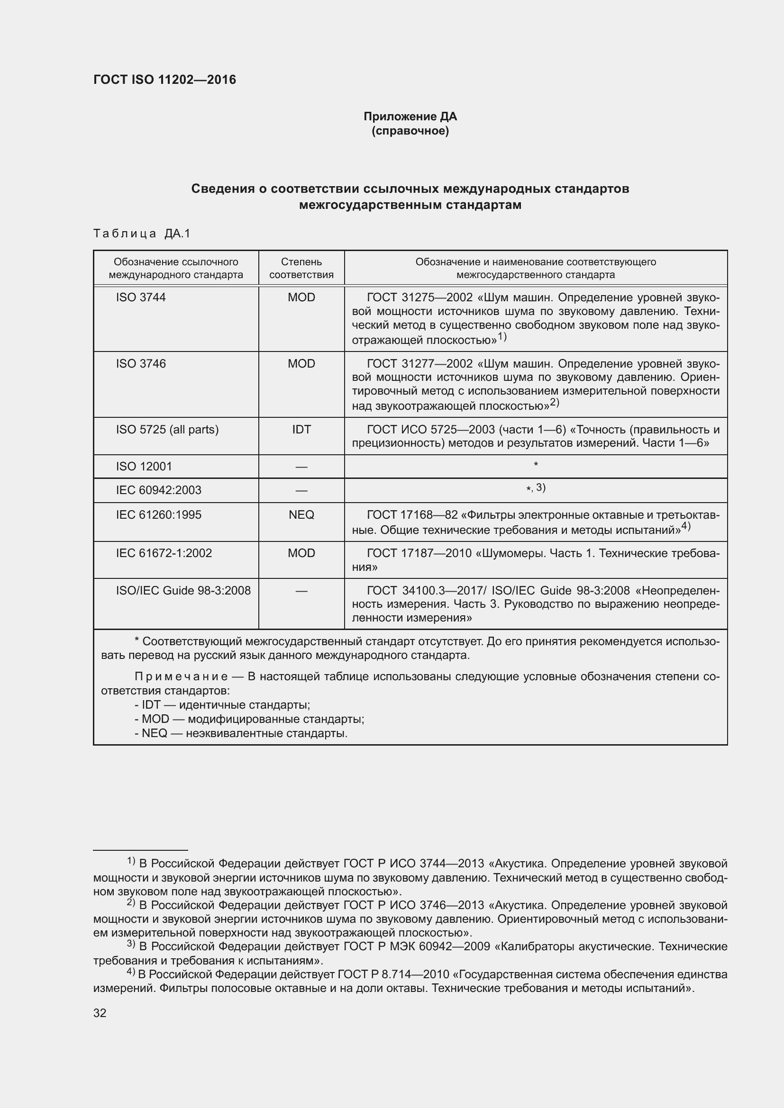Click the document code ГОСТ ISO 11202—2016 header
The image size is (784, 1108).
point(164,80)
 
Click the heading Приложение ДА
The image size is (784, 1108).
point(410,117)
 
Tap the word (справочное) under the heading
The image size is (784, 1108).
point(410,131)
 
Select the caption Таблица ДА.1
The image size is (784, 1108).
point(141,234)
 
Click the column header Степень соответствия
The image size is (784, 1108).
point(301,268)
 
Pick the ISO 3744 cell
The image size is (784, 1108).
point(140,297)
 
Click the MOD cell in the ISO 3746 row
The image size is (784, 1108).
point(301,363)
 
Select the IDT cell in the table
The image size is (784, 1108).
point(301,430)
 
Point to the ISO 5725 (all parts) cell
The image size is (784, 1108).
point(167,430)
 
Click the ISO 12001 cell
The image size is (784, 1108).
point(144,467)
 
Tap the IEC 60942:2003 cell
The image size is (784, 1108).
point(158,490)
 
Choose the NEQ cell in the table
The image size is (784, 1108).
point(301,515)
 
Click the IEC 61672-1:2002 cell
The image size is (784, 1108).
point(164,553)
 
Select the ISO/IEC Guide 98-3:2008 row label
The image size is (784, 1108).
point(183,591)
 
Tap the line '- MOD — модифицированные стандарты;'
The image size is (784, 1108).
point(249,719)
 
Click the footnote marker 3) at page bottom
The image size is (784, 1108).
point(130,945)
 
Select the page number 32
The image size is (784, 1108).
point(100,1013)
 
